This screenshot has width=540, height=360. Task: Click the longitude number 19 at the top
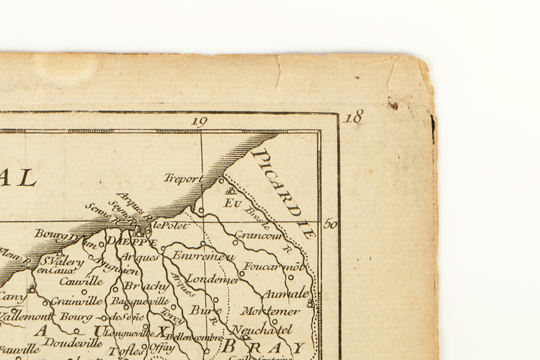199,121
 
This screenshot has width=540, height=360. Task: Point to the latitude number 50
330,223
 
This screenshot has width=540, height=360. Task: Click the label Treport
184,179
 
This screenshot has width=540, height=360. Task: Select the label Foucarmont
274,267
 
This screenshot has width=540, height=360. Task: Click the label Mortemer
270,311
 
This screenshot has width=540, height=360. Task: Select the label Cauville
81,281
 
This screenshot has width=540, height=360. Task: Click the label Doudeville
73,342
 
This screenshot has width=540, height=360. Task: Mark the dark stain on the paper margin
393,104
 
